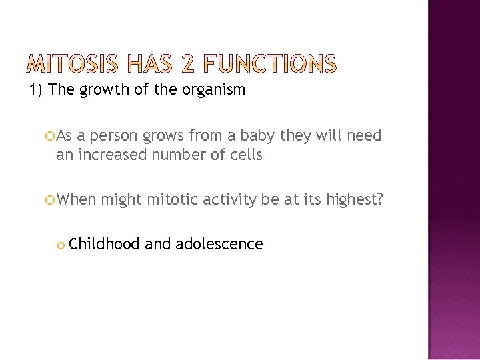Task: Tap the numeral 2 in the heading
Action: (188, 64)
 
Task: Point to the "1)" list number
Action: (35, 89)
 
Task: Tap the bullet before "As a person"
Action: (51, 137)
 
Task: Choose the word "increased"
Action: (109, 155)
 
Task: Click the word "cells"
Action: (245, 155)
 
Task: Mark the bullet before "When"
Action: (51, 198)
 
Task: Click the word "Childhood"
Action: (104, 244)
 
